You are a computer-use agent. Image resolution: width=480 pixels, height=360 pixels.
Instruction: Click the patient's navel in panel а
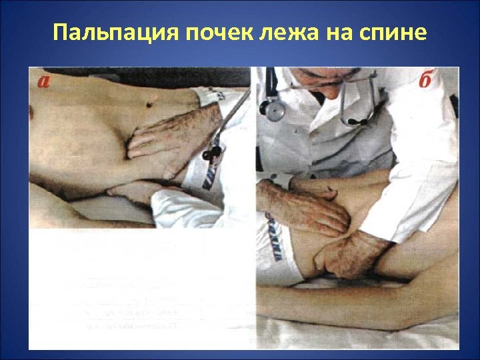tap(151, 101)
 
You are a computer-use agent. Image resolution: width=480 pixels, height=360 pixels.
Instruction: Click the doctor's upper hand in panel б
tap(303, 207)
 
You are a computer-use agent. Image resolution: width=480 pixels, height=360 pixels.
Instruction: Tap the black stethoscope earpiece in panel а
tap(212, 155)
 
